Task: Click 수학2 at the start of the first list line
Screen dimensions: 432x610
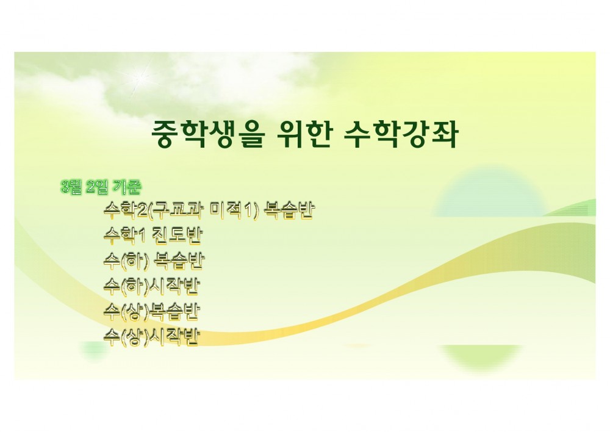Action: tap(122, 211)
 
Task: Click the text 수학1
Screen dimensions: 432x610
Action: tap(123, 236)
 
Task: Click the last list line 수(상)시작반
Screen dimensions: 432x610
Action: tap(152, 336)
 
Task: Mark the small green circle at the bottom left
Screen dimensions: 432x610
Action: tap(94, 351)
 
